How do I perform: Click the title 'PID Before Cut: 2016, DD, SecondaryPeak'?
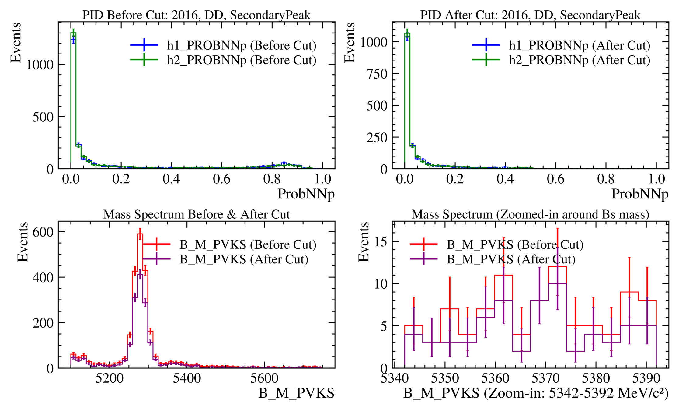[197, 15]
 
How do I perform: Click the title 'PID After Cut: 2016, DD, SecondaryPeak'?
[530, 15]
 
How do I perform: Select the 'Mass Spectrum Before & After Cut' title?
[197, 214]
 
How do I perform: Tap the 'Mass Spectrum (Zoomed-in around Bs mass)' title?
[530, 214]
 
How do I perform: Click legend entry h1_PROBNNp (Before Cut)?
[242, 45]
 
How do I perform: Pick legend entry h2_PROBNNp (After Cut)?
[580, 60]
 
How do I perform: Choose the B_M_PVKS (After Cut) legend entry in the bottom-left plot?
[244, 259]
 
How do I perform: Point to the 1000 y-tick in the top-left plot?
[40, 65]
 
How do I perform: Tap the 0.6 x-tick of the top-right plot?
[555, 179]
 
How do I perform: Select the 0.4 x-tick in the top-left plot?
[171, 179]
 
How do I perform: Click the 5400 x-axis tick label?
[187, 378]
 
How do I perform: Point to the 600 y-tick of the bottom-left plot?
[43, 232]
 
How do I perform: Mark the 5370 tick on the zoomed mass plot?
[546, 378]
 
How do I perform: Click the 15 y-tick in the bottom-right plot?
[381, 242]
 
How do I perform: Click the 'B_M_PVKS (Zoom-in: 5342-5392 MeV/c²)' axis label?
[536, 393]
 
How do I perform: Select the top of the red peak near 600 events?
[140, 234]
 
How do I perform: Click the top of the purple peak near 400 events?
[140, 275]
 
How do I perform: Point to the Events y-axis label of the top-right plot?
[350, 43]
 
